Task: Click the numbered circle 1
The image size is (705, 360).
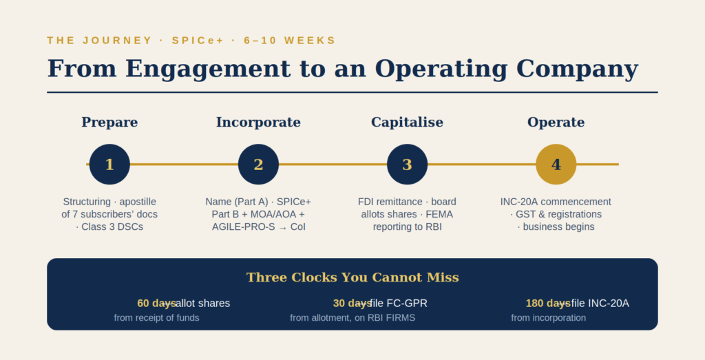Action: tap(109, 165)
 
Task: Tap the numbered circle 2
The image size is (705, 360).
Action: tap(259, 165)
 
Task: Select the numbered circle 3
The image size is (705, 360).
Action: tap(408, 165)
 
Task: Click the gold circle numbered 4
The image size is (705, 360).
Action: tap(556, 165)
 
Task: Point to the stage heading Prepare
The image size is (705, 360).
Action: tap(109, 123)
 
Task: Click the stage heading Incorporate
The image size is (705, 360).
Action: tap(259, 123)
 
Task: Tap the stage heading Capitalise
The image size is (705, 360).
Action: tap(408, 123)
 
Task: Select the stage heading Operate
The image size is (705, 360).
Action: tap(556, 123)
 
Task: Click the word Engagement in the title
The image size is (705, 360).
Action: tap(208, 70)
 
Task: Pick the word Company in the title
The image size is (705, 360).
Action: tap(578, 70)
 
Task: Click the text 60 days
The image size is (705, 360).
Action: tap(156, 304)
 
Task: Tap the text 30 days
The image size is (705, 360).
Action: tap(352, 304)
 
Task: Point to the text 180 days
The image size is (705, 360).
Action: tap(548, 304)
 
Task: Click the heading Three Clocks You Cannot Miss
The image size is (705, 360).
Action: tap(352, 277)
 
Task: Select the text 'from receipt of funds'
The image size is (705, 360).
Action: tap(156, 318)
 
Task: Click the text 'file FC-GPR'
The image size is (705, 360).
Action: tap(399, 304)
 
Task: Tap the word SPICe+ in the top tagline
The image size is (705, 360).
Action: tap(198, 41)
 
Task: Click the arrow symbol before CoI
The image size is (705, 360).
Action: tap(282, 227)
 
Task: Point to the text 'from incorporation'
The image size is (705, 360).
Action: tap(549, 318)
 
